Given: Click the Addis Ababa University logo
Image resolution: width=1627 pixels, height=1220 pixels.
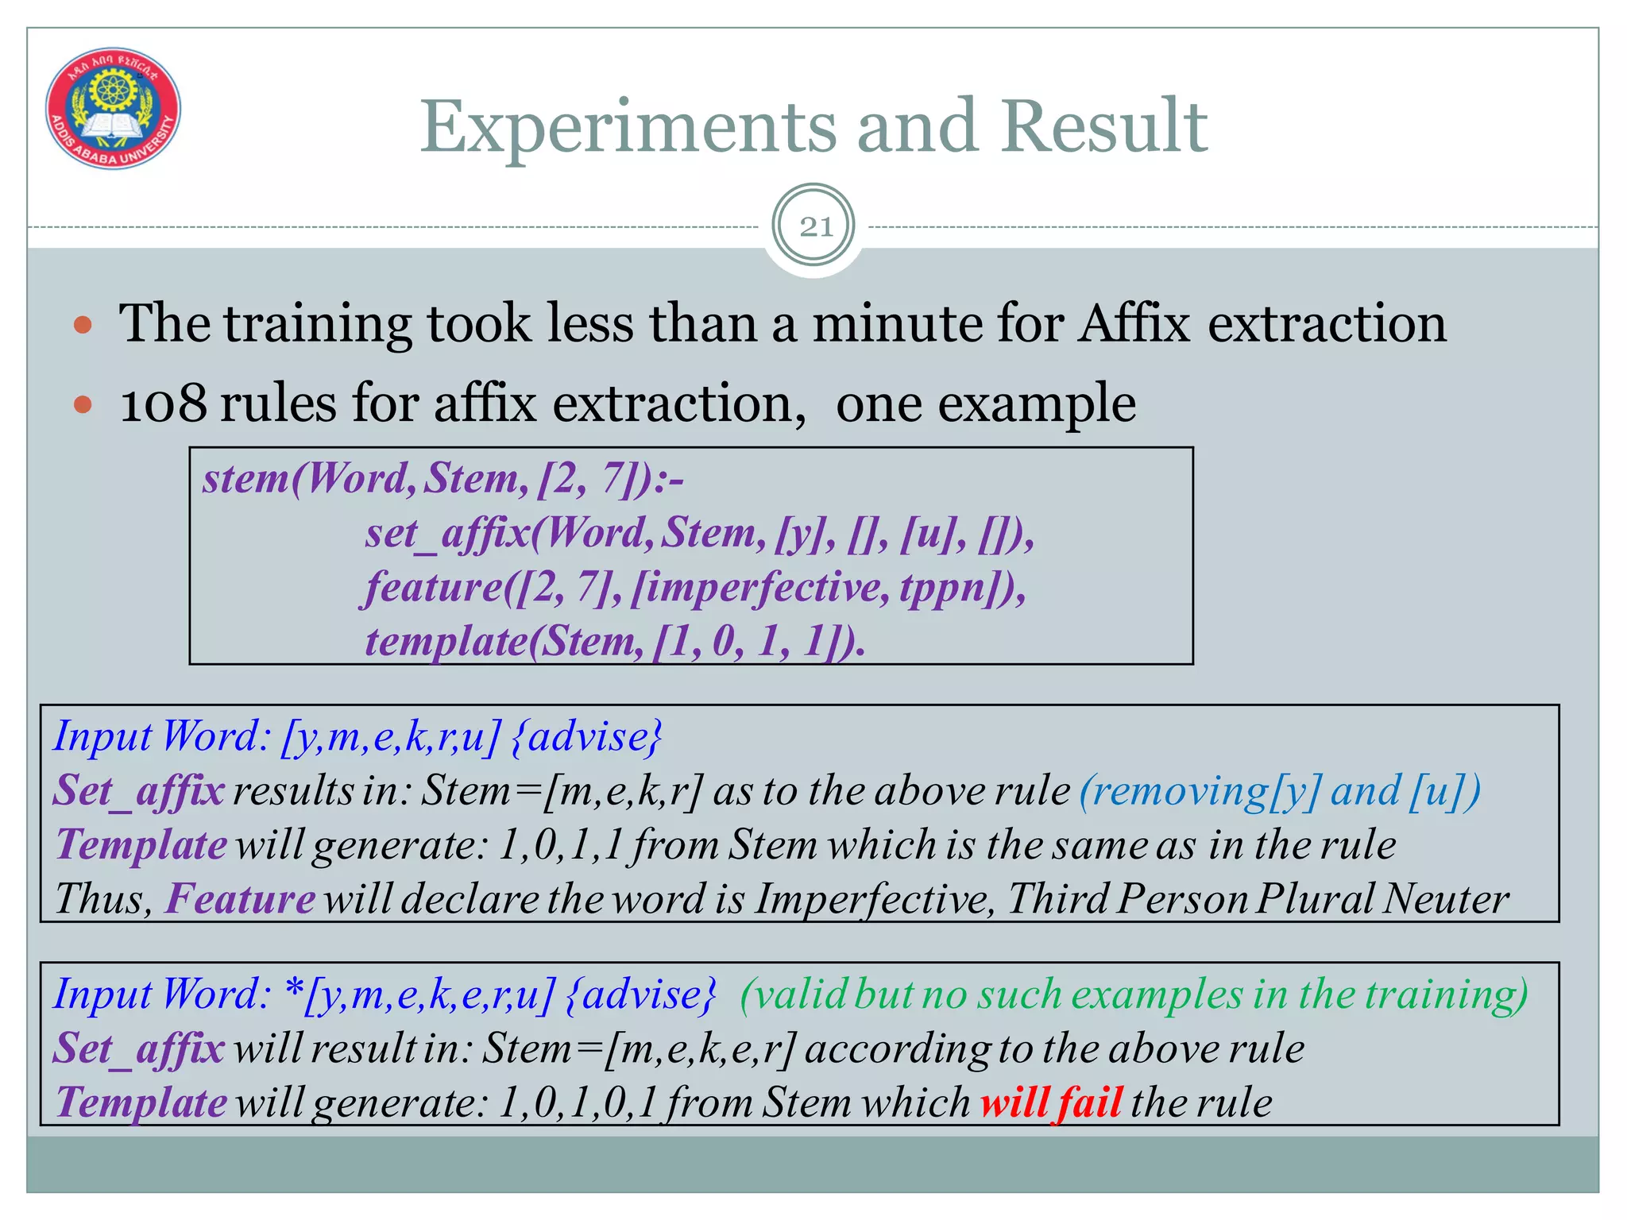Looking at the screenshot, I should (113, 108).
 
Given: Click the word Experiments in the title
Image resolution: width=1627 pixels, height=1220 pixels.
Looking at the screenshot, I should (628, 127).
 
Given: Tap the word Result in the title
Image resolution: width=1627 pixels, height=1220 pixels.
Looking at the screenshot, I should (1104, 127).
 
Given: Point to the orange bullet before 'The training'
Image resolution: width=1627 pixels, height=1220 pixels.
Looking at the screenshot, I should (83, 325).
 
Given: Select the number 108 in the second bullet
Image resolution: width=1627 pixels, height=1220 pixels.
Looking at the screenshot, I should (163, 403).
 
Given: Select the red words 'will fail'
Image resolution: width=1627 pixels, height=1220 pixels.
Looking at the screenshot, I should (1050, 1102).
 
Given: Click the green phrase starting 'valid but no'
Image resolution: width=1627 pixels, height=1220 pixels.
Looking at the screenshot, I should (1133, 994).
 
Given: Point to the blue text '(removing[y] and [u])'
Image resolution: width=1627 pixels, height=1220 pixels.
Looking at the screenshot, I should (1280, 791).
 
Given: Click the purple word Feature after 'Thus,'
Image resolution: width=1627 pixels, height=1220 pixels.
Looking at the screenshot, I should (240, 899).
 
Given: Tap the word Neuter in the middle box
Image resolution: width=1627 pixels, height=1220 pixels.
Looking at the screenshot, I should (1445, 899).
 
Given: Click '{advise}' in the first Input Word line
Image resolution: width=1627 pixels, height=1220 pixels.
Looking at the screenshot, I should (586, 737).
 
